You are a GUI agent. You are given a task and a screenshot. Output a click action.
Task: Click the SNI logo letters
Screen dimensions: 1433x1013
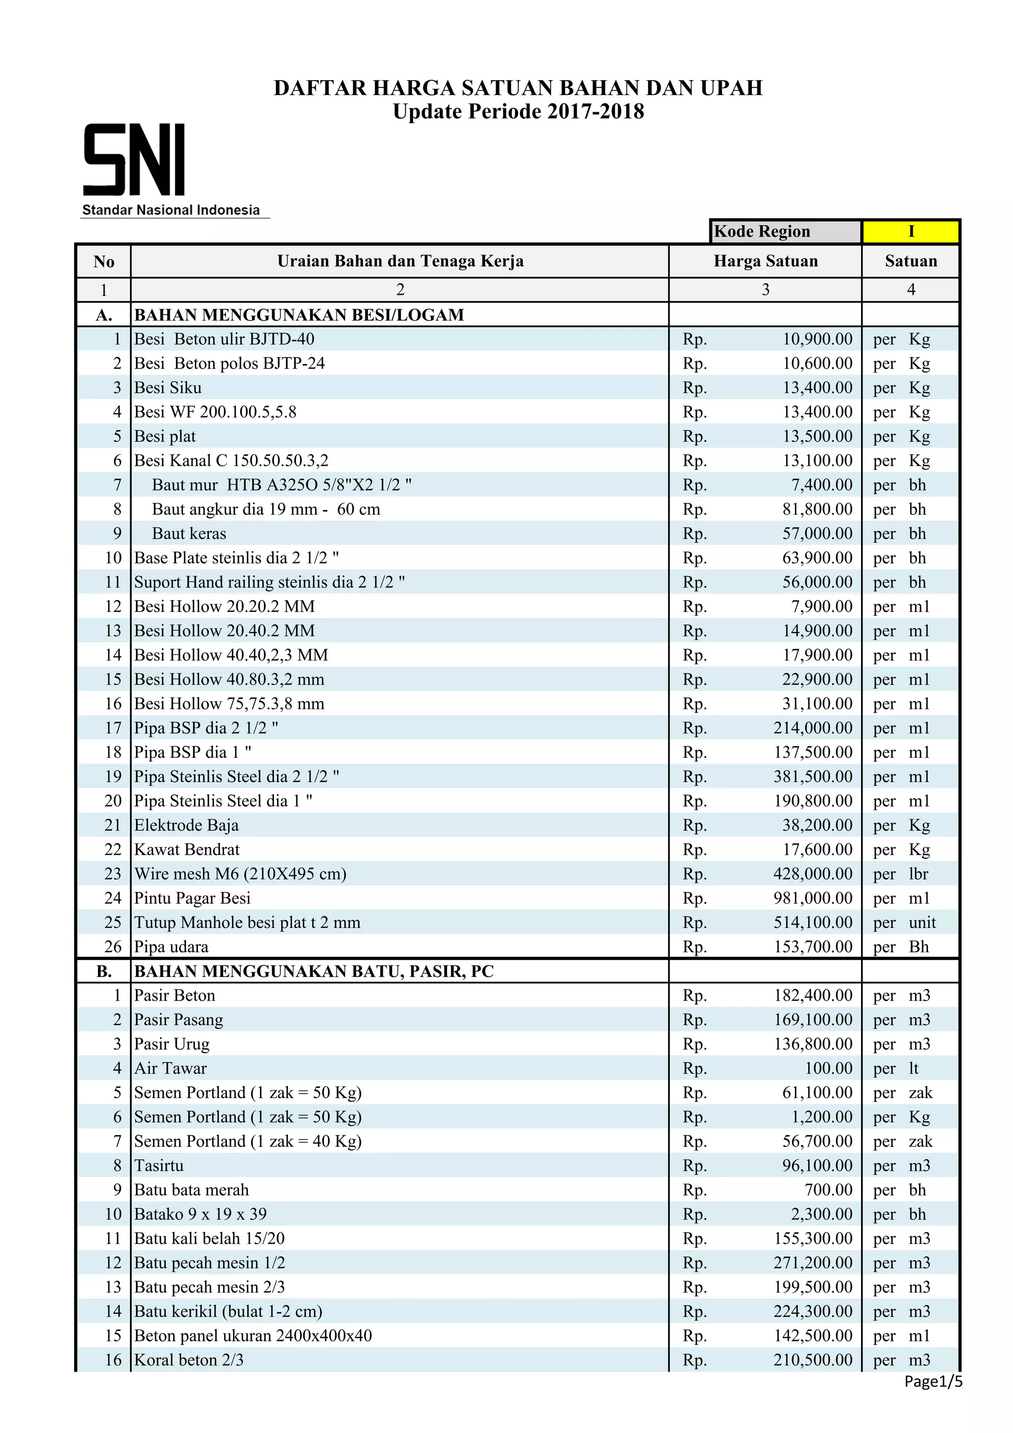134,160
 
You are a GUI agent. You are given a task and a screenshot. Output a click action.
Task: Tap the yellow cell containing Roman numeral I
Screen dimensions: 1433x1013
910,231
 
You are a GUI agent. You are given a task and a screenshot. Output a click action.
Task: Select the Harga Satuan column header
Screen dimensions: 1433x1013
765,261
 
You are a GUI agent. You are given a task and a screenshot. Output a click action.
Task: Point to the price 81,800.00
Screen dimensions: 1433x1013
817,509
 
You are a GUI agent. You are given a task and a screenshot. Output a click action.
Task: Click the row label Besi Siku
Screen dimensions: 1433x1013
168,388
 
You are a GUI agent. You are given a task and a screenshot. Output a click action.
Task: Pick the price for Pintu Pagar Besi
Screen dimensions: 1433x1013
813,898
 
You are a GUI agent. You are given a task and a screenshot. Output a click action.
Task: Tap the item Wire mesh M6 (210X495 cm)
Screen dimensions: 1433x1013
240,874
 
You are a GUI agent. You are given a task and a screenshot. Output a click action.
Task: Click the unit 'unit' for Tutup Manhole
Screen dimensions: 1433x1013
922,923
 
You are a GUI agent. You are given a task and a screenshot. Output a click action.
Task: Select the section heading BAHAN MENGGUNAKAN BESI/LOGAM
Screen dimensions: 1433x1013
299,315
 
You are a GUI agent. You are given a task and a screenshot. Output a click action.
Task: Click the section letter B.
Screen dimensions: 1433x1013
103,971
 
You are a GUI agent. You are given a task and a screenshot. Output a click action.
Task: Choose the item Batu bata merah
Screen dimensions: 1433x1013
191,1190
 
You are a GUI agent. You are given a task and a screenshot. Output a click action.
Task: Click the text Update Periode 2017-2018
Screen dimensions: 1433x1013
518,112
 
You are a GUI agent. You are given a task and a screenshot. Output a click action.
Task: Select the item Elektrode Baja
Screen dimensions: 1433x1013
186,825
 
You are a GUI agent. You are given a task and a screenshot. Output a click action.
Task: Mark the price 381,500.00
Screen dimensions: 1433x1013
813,777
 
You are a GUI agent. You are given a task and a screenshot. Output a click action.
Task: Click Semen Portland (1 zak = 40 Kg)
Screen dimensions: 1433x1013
248,1141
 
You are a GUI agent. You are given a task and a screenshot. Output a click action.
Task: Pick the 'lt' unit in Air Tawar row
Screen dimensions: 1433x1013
913,1068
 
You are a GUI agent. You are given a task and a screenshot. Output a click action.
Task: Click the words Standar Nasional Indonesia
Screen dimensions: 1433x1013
171,210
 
